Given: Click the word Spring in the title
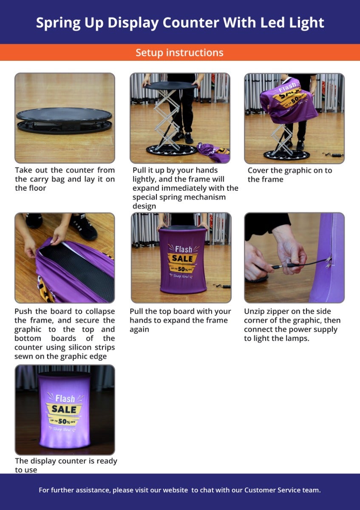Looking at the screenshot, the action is [58, 23].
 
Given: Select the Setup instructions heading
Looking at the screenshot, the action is [179, 53].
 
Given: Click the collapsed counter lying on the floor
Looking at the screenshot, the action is [64, 120].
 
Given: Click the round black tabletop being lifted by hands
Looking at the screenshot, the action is [171, 85].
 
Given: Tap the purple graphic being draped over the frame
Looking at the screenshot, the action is [289, 100].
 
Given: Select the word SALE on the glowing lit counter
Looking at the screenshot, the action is [64, 409].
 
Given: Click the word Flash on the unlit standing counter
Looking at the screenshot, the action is [184, 249].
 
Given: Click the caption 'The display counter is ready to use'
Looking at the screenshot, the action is [66, 465].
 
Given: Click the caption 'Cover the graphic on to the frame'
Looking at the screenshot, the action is [289, 175].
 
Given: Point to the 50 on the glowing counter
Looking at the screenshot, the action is [62, 421].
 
